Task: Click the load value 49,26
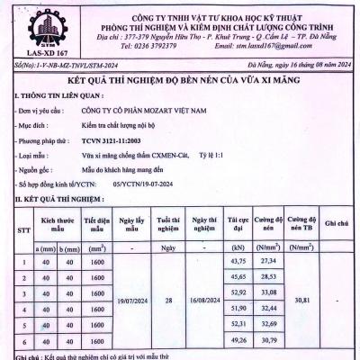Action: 238,341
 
